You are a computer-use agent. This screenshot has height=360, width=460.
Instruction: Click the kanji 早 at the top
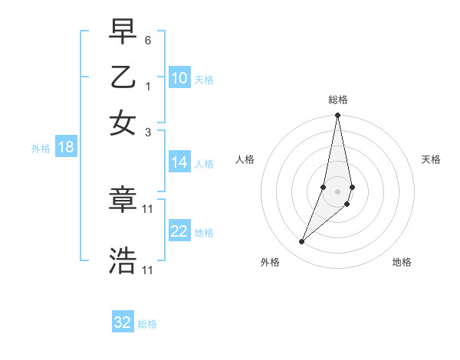[123, 33]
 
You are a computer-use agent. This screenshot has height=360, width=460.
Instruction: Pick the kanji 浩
[123, 261]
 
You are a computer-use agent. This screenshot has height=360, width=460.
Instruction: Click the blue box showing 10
[179, 78]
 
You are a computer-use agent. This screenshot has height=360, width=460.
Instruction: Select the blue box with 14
[179, 162]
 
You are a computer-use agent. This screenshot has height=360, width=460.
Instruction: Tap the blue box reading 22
[179, 231]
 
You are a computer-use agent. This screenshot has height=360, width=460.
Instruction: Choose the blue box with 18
[66, 148]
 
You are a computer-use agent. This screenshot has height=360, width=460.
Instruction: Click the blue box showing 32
[123, 322]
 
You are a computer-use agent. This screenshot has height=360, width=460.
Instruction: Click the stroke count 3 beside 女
[148, 132]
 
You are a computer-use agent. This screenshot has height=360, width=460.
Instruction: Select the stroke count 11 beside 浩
[148, 270]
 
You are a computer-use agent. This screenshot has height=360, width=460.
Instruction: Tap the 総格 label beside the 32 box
[147, 324]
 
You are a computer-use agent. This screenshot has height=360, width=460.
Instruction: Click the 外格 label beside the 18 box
[41, 149]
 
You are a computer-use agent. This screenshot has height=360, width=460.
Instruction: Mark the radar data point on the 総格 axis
[337, 116]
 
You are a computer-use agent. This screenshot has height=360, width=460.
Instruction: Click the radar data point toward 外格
[301, 242]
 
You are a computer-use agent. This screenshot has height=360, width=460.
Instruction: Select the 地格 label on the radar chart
[402, 262]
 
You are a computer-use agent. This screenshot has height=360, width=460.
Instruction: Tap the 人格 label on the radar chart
[245, 159]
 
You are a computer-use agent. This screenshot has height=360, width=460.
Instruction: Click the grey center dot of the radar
[337, 191]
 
